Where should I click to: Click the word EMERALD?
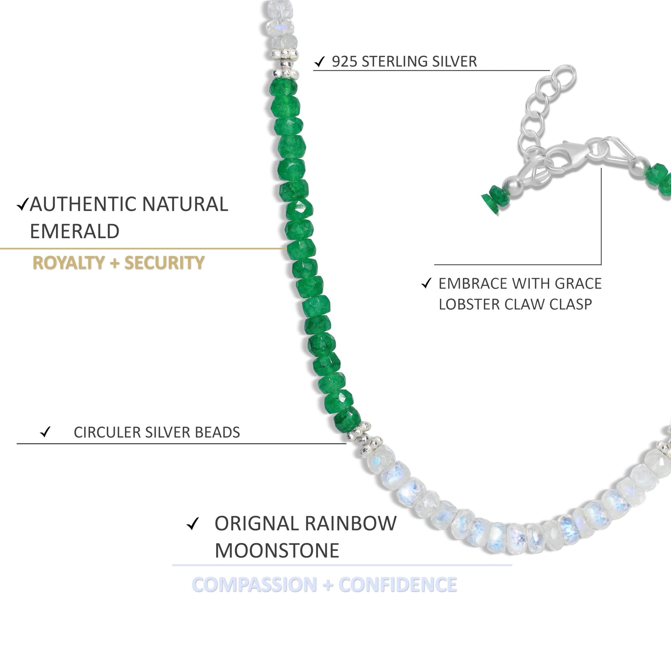point(75,231)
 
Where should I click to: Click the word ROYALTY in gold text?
point(68,262)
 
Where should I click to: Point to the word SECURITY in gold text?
point(164,262)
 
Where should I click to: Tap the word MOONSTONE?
point(277,550)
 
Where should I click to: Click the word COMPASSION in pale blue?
point(254,585)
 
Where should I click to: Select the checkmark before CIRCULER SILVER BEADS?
point(46,432)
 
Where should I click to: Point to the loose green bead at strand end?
point(492,201)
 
